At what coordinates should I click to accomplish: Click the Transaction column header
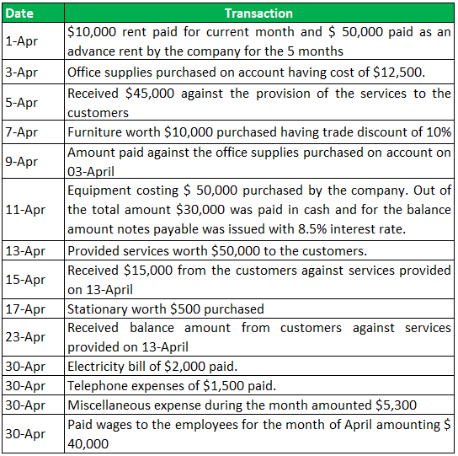pyautogui.click(x=258, y=13)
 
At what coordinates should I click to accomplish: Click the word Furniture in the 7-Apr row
pyautogui.click(x=94, y=133)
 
